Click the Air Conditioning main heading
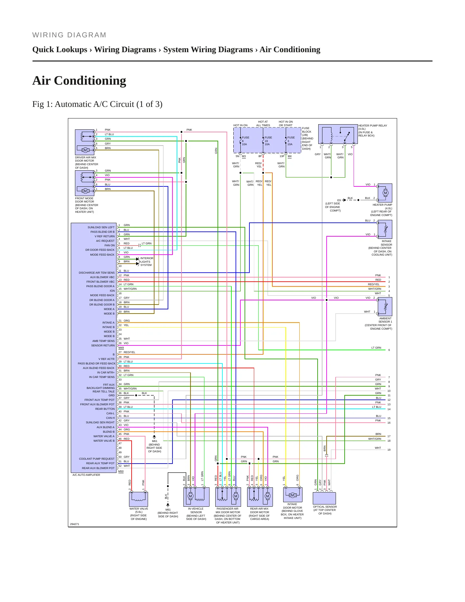click(x=79, y=80)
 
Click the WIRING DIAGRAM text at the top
click(x=69, y=35)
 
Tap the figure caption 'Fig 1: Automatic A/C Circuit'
click(x=97, y=104)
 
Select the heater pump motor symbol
click(x=385, y=193)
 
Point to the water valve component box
click(x=139, y=499)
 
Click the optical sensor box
click(x=324, y=498)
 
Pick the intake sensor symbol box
click(x=385, y=230)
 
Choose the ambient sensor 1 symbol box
click(x=385, y=307)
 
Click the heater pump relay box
click(x=338, y=134)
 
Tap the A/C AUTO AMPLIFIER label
click(x=86, y=475)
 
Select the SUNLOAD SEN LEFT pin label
click(x=101, y=227)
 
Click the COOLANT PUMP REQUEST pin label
click(x=97, y=459)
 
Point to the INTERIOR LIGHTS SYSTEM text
click(x=147, y=262)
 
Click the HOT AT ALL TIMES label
click(x=263, y=124)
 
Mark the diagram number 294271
click(x=75, y=524)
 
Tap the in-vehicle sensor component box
click(x=196, y=497)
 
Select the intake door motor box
click(x=293, y=495)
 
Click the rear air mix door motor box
click(x=260, y=497)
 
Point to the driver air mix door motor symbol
click(x=85, y=142)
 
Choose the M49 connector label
click(x=121, y=348)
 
